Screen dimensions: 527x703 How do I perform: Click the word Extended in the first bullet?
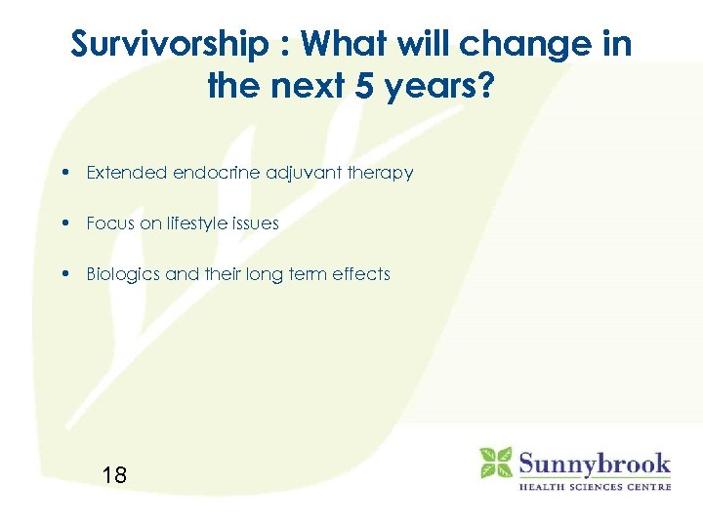[126, 173]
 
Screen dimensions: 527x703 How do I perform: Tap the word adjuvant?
[301, 173]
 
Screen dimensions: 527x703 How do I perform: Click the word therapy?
[381, 174]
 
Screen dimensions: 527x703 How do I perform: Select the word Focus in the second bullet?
[109, 223]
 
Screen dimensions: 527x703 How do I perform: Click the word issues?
[256, 223]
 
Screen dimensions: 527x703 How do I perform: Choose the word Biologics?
[123, 274]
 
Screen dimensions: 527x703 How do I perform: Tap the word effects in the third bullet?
[362, 274]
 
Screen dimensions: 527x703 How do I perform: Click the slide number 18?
[114, 475]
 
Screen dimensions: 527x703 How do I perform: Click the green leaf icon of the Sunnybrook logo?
[496, 463]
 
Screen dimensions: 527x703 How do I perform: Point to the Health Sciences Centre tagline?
[594, 486]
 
